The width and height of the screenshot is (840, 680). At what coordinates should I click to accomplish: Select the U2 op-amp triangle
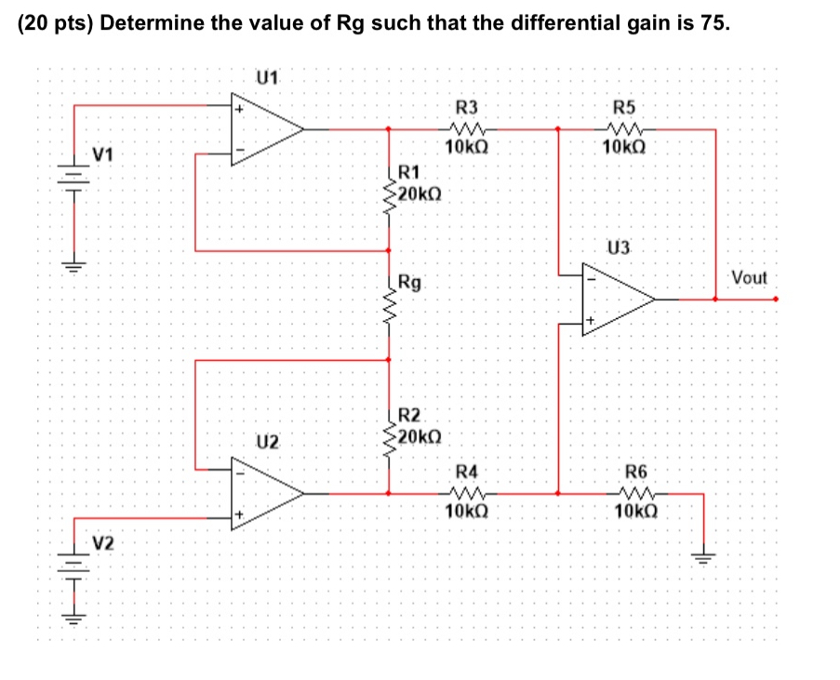[264, 493]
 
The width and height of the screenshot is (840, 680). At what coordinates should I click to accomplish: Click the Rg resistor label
[409, 282]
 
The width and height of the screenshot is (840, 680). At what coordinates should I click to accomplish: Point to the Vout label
[749, 278]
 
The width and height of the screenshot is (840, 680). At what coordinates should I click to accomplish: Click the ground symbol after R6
[703, 556]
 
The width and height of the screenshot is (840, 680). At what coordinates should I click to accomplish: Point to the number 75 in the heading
[712, 23]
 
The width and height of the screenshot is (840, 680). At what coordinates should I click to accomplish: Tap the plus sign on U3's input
[589, 322]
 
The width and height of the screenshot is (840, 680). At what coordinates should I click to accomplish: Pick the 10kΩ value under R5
[623, 149]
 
